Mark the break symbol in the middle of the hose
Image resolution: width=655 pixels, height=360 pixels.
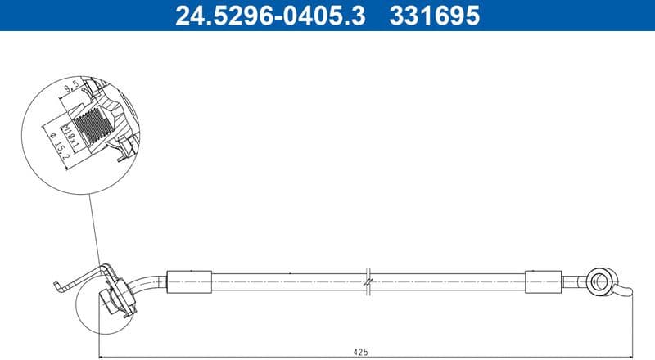point(369,279)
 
